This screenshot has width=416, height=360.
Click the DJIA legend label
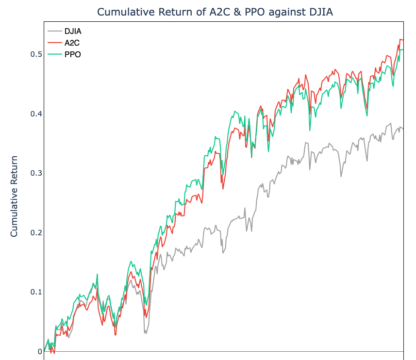tap(73, 32)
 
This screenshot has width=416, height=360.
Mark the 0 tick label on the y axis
tap(39, 351)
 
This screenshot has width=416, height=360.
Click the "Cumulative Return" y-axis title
tap(14, 196)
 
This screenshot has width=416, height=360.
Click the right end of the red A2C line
tap(403, 39)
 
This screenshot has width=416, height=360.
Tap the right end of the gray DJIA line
tap(403, 129)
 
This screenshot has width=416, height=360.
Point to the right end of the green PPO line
tap(403, 49)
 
